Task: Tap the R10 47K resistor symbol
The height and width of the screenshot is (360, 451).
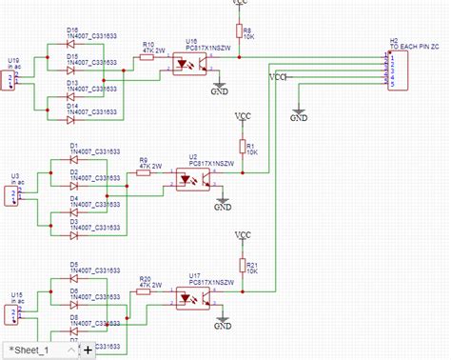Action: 147,57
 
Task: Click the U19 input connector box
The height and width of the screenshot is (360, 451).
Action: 11,79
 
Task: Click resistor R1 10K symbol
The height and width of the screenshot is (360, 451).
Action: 242,149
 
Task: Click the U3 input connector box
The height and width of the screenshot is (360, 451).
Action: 14,195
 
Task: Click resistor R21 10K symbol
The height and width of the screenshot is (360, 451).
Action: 242,267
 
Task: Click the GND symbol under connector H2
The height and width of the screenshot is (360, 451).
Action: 299,116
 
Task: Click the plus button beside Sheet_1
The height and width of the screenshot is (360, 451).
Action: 88,350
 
